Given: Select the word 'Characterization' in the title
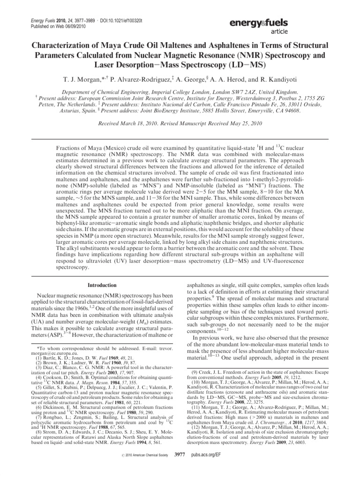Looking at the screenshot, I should click(x=65, y=45).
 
